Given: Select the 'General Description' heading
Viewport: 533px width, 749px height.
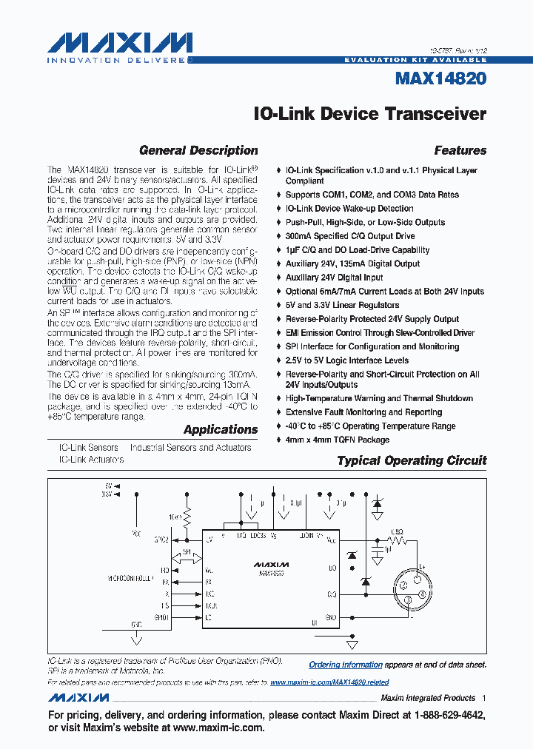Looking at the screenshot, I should tap(198, 150).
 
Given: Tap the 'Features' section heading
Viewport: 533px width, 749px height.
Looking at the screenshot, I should tap(460, 150).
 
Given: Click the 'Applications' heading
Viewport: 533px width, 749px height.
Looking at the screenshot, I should tap(221, 429).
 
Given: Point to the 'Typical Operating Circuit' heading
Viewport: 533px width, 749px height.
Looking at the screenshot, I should tap(412, 460).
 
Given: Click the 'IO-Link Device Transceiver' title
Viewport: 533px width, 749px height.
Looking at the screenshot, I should tap(369, 114).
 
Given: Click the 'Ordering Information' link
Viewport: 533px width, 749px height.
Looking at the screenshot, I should tap(345, 665).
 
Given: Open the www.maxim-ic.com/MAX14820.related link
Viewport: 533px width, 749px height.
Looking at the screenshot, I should tap(329, 682).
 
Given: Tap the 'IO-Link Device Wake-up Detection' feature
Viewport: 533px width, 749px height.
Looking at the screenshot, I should tap(349, 209).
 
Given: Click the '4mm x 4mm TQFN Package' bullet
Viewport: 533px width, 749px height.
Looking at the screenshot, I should tap(337, 440).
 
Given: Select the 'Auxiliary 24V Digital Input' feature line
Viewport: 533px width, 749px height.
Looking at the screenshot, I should tap(334, 278).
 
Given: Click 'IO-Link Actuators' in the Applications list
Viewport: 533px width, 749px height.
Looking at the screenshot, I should tap(91, 460).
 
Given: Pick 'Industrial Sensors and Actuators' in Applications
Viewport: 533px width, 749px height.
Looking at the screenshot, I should tap(190, 448).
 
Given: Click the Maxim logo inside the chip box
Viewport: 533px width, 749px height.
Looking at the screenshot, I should tap(272, 564).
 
